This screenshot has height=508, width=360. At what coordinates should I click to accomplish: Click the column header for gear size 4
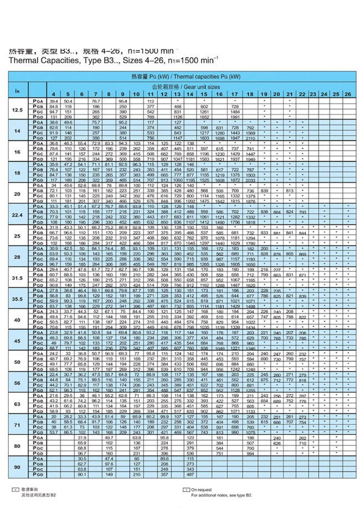pos(54,94)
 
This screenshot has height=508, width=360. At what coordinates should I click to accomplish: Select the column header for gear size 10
pos(136,94)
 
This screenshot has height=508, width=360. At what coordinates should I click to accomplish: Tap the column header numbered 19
pos(265,94)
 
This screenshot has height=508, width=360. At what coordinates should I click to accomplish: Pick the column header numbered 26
pos(347,94)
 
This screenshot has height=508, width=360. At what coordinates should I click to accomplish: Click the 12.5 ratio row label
pos(18,110)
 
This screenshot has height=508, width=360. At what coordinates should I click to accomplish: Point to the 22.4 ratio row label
pos(18,215)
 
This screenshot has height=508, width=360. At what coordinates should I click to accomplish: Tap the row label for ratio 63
pos(18,404)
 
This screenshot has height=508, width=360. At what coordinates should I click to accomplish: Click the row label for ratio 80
pos(18,446)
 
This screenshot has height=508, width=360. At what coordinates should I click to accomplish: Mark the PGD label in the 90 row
pos(38,475)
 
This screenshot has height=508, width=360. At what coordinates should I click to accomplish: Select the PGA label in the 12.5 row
pos(38,101)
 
